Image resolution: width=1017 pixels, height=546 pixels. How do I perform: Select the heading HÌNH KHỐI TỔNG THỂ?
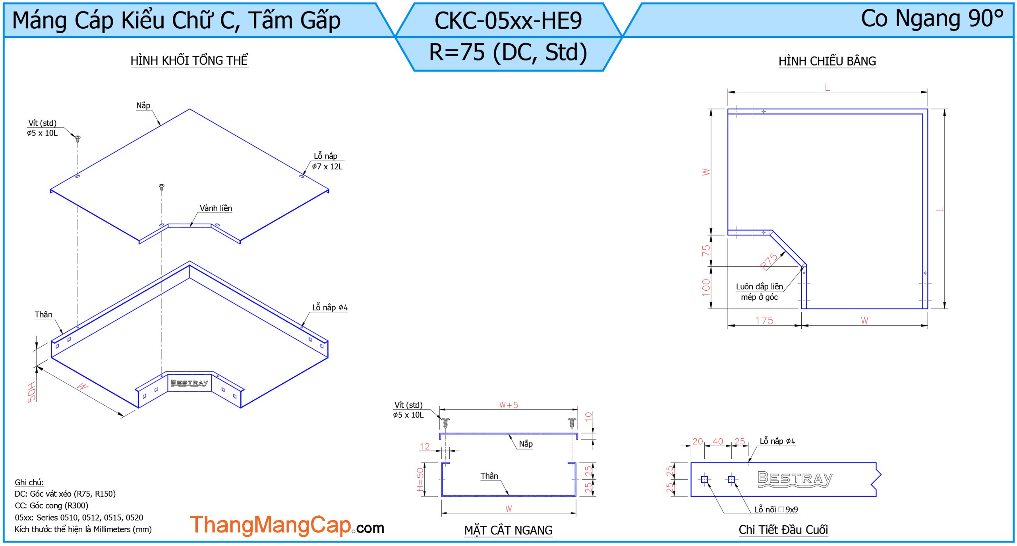[x=189, y=60]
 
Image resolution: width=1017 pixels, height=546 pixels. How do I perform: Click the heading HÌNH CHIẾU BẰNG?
[x=827, y=61]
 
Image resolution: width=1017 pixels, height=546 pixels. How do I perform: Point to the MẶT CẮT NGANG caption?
[x=508, y=530]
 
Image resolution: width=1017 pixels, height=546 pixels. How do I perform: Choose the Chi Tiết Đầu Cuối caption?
[x=783, y=530]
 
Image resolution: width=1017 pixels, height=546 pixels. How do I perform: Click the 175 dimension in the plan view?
[x=764, y=321]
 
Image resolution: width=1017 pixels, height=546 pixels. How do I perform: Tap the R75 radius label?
[x=769, y=261]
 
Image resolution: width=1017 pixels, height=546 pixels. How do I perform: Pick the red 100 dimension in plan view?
[x=706, y=287]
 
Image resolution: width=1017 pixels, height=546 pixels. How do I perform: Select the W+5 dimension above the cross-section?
[x=508, y=405]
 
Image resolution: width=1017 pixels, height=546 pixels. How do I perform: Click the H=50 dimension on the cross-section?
[x=420, y=479]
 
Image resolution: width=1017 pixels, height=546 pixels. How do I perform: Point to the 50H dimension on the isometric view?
[x=32, y=392]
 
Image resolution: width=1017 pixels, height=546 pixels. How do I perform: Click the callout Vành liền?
[x=216, y=208]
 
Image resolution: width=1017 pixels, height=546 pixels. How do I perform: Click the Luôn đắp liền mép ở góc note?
[x=759, y=291]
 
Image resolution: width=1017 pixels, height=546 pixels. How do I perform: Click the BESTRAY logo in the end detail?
[x=795, y=479]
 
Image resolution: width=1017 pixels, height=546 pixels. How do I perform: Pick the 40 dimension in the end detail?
[x=718, y=441]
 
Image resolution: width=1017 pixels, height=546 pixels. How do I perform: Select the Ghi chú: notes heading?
[x=29, y=482]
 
